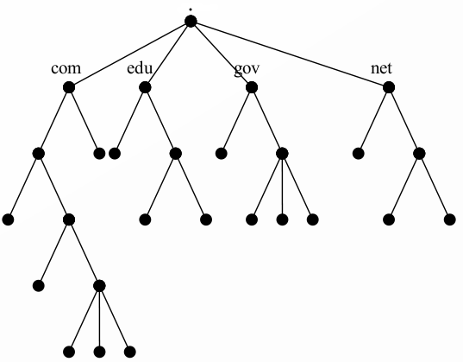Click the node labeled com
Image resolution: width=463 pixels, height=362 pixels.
(x=69, y=87)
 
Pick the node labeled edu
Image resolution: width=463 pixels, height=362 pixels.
(x=145, y=87)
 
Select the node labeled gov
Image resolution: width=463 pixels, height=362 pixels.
(x=251, y=87)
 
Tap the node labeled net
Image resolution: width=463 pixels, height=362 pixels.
(x=389, y=87)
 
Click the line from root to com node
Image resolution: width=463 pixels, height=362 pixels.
(x=129, y=54)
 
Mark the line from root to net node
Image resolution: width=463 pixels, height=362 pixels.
(x=289, y=54)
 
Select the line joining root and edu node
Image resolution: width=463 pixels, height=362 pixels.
(x=167, y=54)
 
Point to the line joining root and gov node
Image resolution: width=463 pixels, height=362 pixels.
(x=220, y=54)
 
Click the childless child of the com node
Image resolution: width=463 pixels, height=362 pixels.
(x=99, y=154)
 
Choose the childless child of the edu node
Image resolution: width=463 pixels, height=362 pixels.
(x=114, y=154)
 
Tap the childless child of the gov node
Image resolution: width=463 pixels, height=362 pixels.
(x=221, y=154)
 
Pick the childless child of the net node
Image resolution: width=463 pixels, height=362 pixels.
(x=357, y=154)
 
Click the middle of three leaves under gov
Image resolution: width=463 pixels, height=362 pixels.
(x=281, y=219)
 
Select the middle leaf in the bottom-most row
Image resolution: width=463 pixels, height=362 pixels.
(x=98, y=352)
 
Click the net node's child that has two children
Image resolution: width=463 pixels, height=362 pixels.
(x=419, y=154)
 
